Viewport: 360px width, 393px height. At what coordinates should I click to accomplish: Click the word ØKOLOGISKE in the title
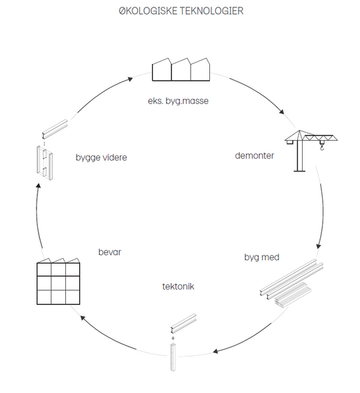[x=148, y=11]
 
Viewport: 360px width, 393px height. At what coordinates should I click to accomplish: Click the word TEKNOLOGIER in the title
[x=212, y=11]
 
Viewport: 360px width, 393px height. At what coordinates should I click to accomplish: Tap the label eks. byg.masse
[x=178, y=101]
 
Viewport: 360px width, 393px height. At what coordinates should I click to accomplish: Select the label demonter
[x=255, y=155]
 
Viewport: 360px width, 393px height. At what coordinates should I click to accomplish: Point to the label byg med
[x=261, y=258]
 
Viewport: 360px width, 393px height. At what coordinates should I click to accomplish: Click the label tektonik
[x=178, y=286]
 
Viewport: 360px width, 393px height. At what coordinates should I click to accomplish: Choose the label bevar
[x=109, y=252]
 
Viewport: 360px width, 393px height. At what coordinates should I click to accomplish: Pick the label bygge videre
[x=101, y=157]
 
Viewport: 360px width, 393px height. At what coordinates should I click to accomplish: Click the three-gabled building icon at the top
[x=181, y=69]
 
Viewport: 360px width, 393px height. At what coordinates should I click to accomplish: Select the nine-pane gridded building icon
[x=58, y=282]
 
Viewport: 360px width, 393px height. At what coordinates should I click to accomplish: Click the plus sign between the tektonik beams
[x=173, y=338]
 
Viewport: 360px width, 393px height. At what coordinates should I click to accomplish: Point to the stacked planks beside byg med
[x=293, y=294]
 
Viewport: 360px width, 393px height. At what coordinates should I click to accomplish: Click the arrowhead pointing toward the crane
[x=282, y=112]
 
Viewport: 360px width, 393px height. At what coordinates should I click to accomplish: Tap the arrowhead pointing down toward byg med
[x=319, y=246]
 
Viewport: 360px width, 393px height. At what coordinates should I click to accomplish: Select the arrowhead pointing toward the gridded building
[x=83, y=318]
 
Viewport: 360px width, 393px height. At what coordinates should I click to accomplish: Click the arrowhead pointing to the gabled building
[x=130, y=79]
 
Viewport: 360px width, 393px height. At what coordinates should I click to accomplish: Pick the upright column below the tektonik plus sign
[x=173, y=358]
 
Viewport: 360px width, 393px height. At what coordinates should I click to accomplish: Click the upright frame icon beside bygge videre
[x=45, y=163]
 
